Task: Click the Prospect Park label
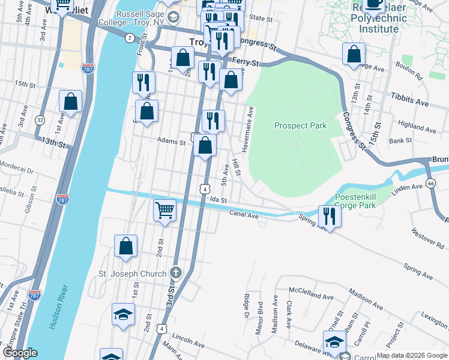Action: [x=300, y=125]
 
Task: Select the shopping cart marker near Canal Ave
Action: [x=164, y=210]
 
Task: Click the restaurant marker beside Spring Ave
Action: [x=329, y=214]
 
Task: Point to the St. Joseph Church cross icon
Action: [x=175, y=273]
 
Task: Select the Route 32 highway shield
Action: [x=40, y=119]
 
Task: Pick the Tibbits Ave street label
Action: [x=411, y=100]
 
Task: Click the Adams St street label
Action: [x=171, y=142]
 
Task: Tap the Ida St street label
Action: [x=218, y=200]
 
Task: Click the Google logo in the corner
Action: [x=20, y=353]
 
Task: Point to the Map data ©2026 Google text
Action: [x=411, y=355]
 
